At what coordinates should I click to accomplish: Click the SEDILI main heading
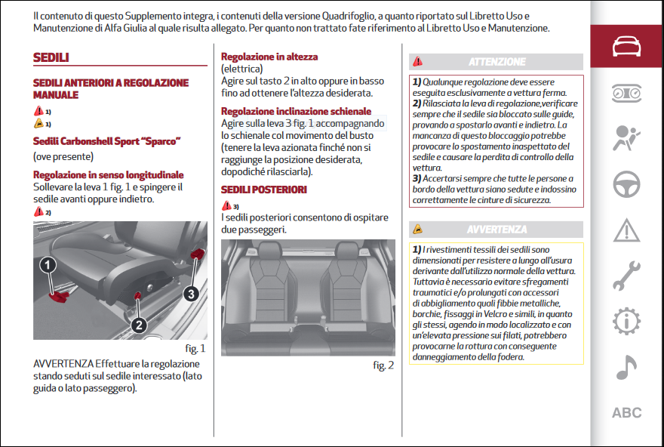tap(51, 58)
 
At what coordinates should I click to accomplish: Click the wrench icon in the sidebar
tap(626, 276)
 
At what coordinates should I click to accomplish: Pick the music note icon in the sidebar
tap(626, 367)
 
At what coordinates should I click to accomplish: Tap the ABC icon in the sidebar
tap(626, 413)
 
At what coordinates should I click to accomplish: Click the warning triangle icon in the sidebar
tap(626, 229)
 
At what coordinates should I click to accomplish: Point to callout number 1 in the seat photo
tap(48, 265)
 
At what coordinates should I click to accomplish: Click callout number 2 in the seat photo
tap(139, 325)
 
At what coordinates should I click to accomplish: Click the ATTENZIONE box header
tap(496, 61)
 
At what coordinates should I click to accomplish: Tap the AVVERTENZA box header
tap(496, 229)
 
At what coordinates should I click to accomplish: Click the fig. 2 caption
tap(383, 365)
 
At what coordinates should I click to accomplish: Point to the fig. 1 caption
tap(195, 349)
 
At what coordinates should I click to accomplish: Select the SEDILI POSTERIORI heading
tap(263, 190)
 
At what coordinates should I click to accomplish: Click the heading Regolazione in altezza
tap(269, 57)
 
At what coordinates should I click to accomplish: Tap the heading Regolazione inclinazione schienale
tap(296, 111)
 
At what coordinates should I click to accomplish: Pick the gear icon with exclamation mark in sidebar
tap(626, 321)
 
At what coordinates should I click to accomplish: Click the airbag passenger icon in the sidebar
tap(626, 138)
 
